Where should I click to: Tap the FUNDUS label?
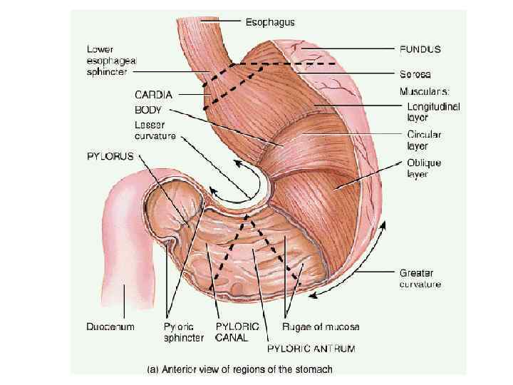click(x=419, y=50)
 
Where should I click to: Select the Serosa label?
click(x=415, y=73)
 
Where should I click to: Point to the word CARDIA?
click(x=155, y=93)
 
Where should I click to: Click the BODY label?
click(x=148, y=111)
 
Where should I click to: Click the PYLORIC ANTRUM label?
click(x=311, y=349)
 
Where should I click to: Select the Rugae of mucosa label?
click(x=321, y=327)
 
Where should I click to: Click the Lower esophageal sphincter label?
click(x=110, y=61)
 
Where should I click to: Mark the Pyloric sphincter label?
click(x=184, y=332)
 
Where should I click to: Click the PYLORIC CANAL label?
click(x=232, y=332)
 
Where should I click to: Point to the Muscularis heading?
click(x=425, y=91)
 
